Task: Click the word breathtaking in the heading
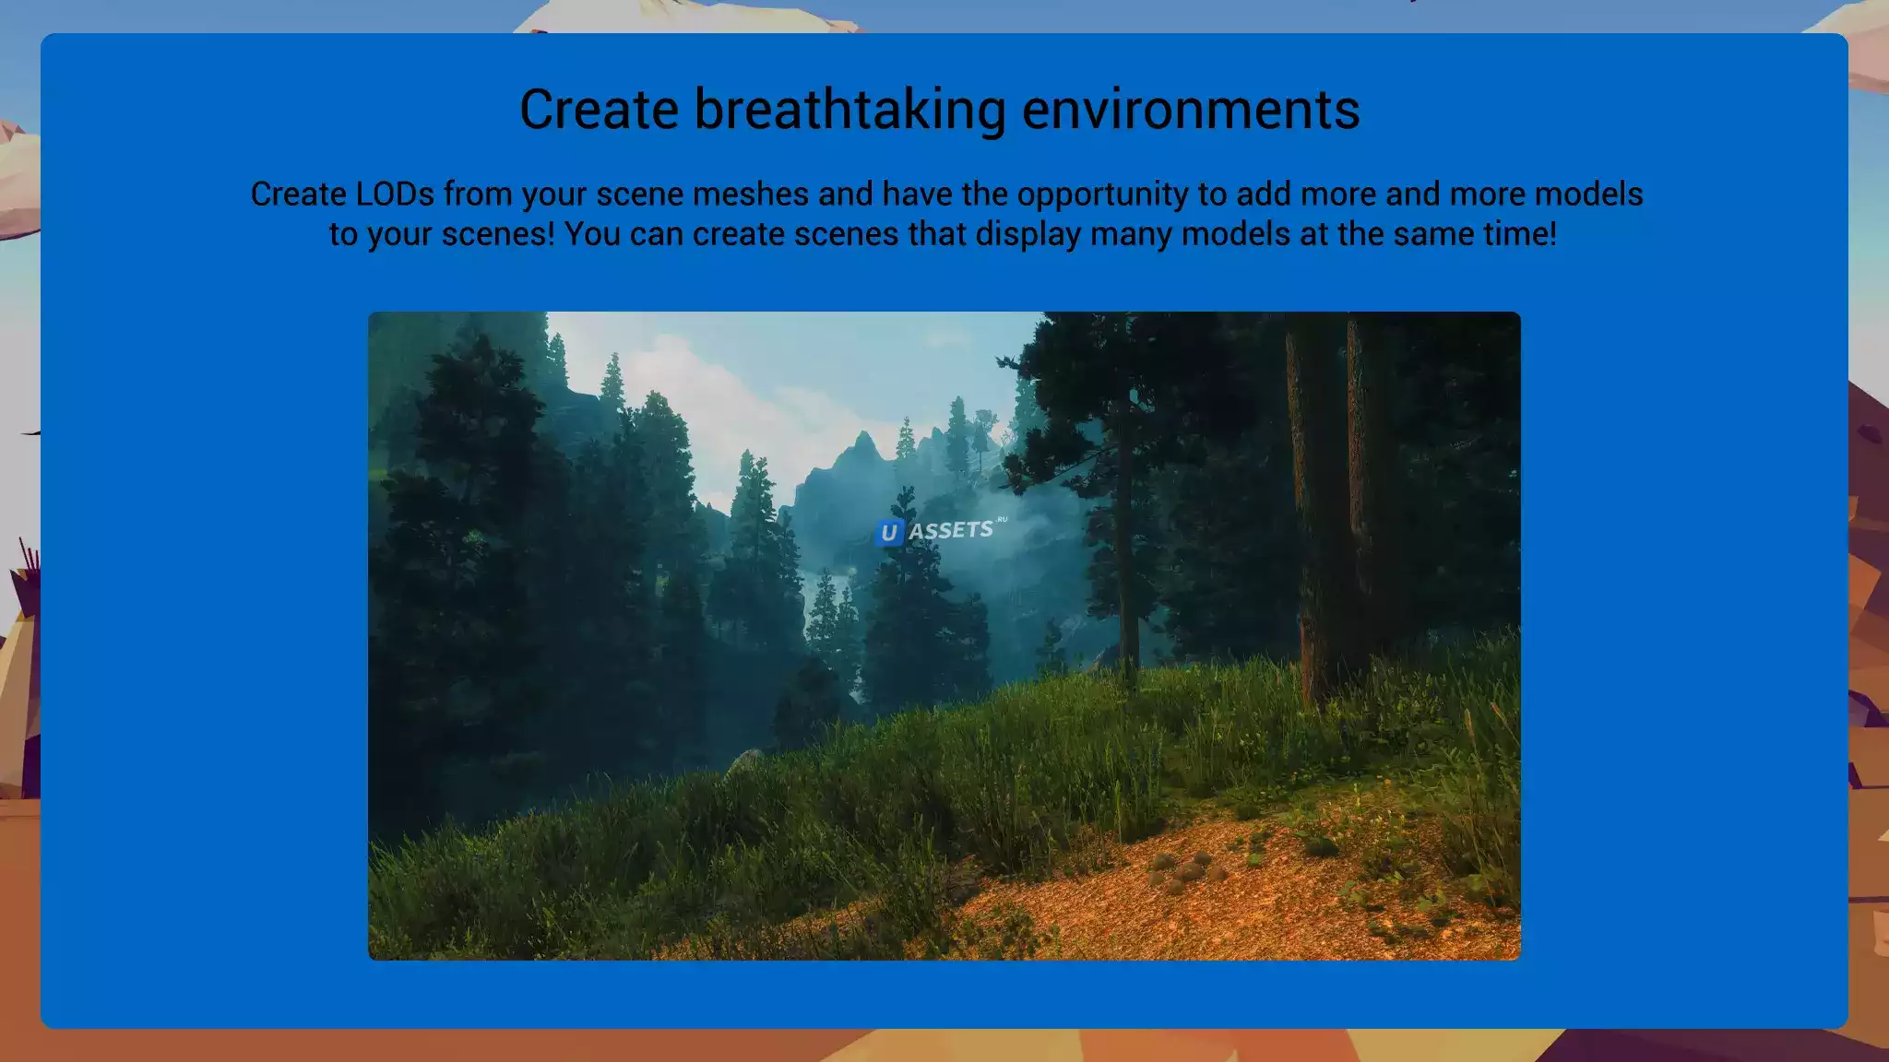point(849,111)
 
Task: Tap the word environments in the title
point(1191,109)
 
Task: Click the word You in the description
point(593,234)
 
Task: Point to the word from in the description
point(478,195)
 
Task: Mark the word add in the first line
point(1264,195)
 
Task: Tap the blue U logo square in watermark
point(888,533)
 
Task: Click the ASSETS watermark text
point(951,530)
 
